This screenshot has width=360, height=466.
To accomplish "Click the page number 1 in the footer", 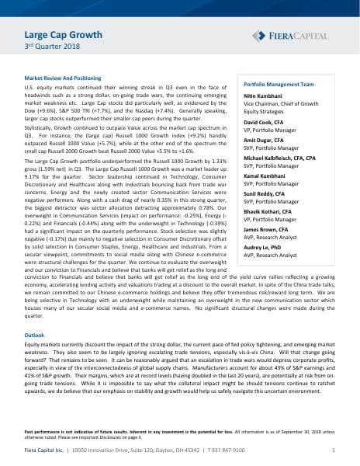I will point(332,450).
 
